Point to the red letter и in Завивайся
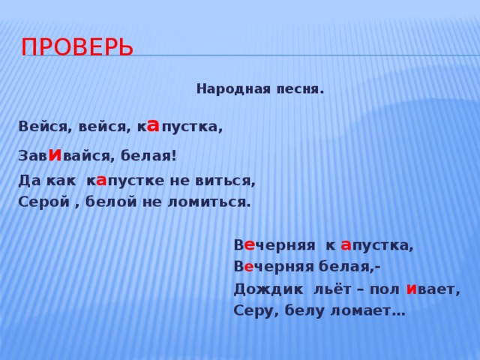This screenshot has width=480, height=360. (54, 154)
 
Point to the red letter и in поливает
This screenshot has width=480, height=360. (412, 288)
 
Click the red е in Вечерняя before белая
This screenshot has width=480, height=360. (249, 267)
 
